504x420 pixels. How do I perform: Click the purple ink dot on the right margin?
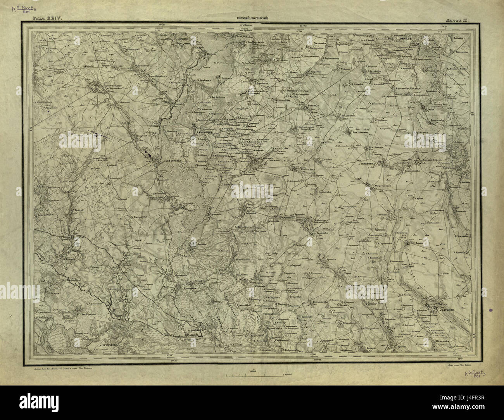[491, 310]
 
